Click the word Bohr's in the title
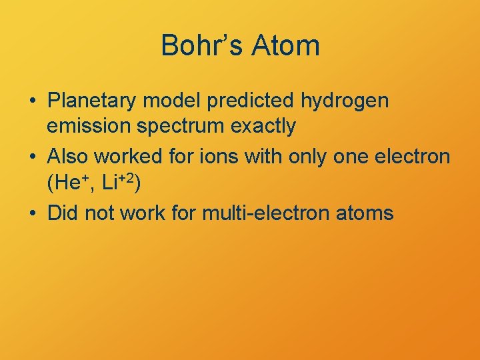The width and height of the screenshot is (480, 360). (x=200, y=46)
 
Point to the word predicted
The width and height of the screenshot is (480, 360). (x=251, y=101)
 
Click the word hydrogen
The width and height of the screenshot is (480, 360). (x=345, y=102)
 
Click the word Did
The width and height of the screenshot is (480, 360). (x=63, y=213)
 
